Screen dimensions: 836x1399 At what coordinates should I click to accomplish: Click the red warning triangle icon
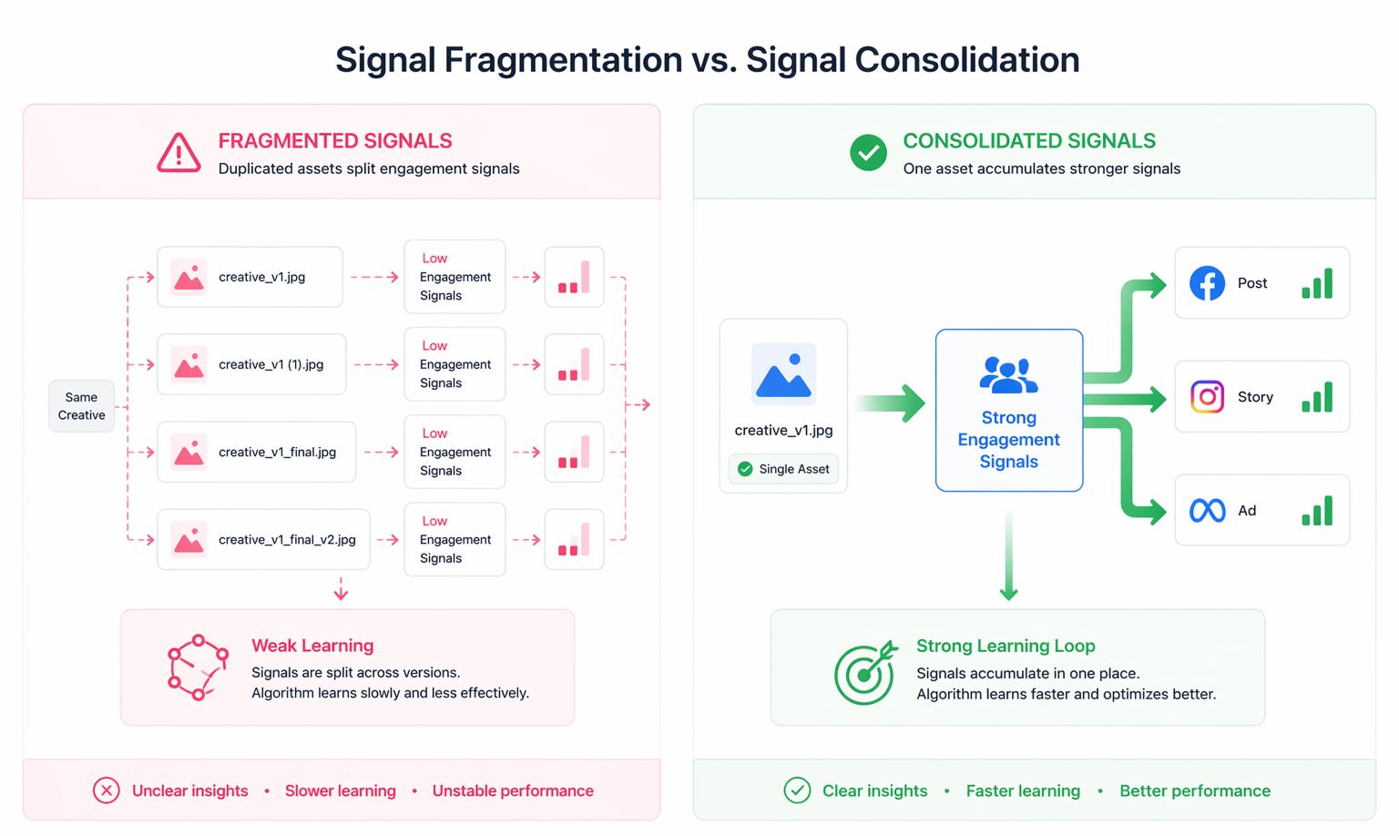click(x=179, y=153)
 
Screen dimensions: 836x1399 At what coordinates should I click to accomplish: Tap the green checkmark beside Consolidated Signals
click(x=868, y=153)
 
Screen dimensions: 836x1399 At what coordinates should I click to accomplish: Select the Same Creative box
click(x=81, y=406)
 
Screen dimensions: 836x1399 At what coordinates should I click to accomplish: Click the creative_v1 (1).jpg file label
click(x=271, y=364)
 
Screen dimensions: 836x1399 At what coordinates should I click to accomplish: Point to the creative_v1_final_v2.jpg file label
click(x=287, y=540)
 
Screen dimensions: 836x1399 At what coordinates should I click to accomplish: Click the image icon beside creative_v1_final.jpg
click(x=189, y=453)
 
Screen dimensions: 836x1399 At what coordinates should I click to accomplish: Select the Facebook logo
click(x=1207, y=283)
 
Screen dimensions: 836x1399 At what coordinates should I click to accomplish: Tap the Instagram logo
click(x=1207, y=397)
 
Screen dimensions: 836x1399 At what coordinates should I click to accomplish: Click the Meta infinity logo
click(x=1207, y=511)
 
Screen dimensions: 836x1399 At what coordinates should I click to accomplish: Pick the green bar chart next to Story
click(x=1317, y=397)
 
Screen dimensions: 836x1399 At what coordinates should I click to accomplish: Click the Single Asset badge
click(x=783, y=469)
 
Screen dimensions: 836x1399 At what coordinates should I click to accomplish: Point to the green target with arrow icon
click(x=864, y=672)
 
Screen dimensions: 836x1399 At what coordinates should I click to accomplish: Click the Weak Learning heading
click(x=312, y=646)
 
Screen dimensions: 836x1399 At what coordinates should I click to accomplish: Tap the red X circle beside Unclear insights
click(x=107, y=790)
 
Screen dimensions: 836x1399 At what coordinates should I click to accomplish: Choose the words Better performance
click(x=1194, y=790)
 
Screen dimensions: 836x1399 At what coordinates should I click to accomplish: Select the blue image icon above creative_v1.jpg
click(x=783, y=373)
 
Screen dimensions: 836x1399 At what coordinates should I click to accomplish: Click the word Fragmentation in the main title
click(x=563, y=60)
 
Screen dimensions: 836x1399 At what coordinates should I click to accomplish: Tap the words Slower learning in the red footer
click(x=340, y=790)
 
